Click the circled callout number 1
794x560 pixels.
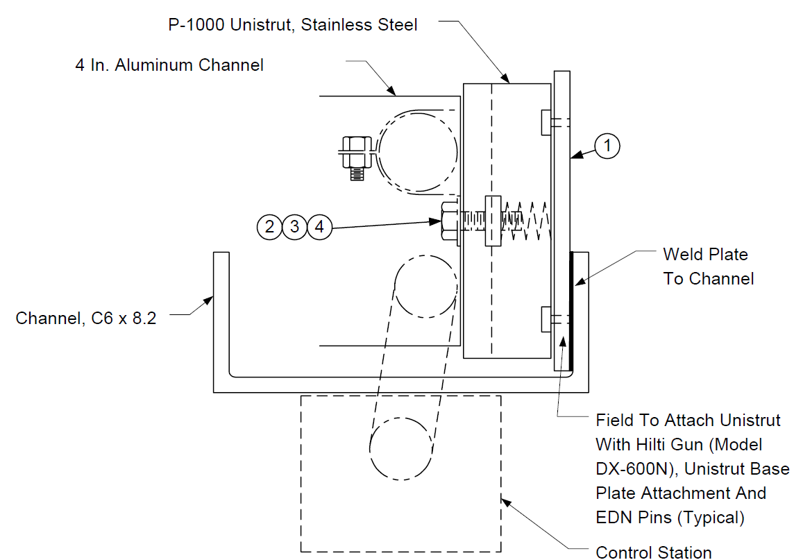pyautogui.click(x=607, y=146)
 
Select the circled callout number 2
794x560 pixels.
pyautogui.click(x=269, y=226)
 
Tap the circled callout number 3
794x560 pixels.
pyautogui.click(x=295, y=226)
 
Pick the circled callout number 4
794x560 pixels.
pyautogui.click(x=319, y=226)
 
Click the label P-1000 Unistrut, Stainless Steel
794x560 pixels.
pyautogui.click(x=293, y=25)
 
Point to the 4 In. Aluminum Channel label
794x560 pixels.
pyautogui.click(x=169, y=65)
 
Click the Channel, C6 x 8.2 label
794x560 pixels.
pyautogui.click(x=85, y=318)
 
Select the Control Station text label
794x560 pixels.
pyautogui.click(x=653, y=552)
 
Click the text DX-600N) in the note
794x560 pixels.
pyautogui.click(x=636, y=469)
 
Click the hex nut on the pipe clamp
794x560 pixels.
pyautogui.click(x=357, y=152)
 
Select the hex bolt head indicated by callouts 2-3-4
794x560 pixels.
pyautogui.click(x=450, y=221)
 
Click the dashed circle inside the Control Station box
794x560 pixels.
pyautogui.click(x=400, y=448)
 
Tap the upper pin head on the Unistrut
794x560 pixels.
pyautogui.click(x=546, y=123)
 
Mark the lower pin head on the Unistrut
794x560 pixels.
pyautogui.click(x=546, y=319)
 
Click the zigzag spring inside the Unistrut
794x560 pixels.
pyautogui.click(x=527, y=221)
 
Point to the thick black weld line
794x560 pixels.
pyautogui.click(x=571, y=311)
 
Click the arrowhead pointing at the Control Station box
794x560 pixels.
pyautogui.click(x=506, y=503)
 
